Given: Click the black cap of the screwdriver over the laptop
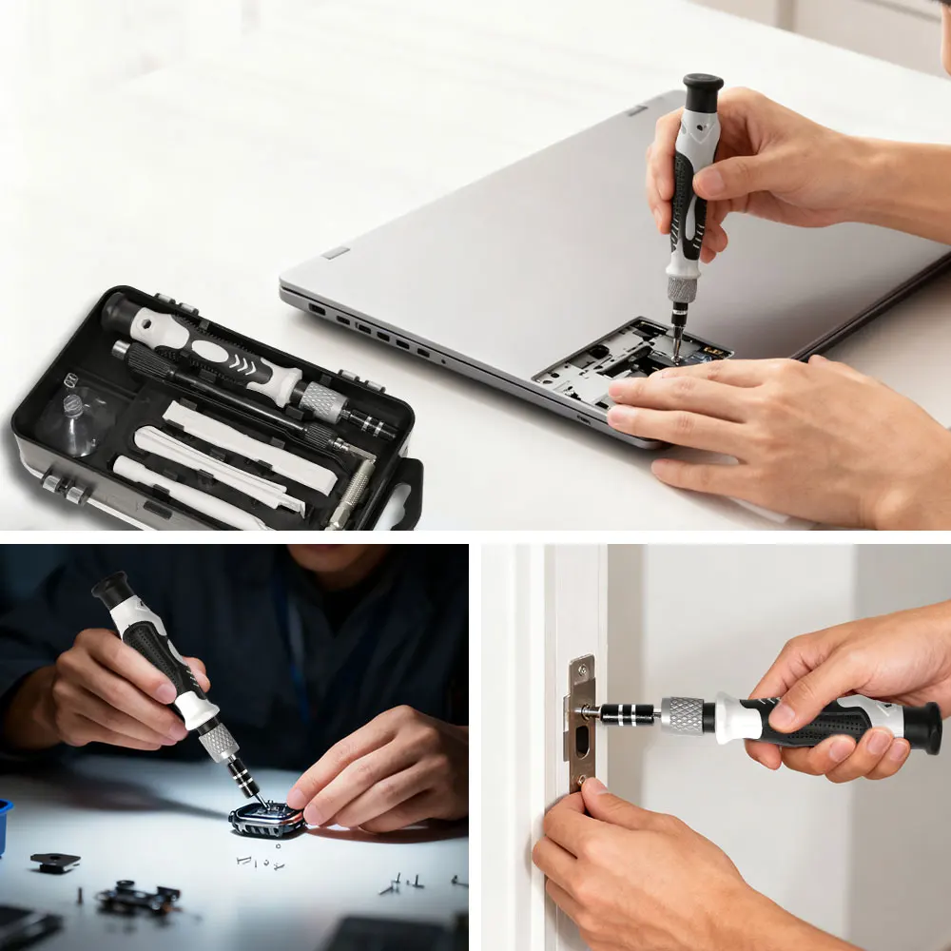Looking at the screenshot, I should [x=703, y=93].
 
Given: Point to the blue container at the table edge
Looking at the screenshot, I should [x=5, y=819].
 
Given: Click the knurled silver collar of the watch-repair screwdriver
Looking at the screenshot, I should [x=220, y=741].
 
